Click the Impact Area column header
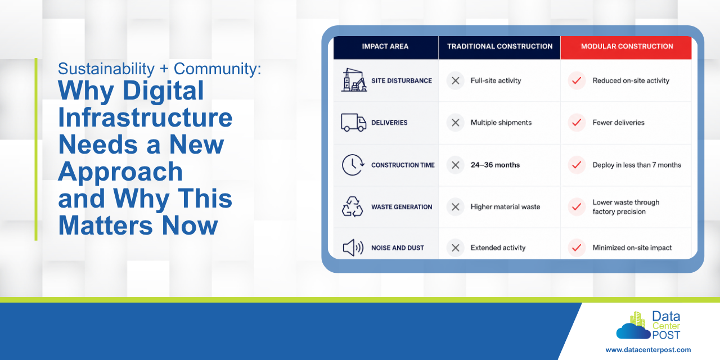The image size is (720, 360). point(385,47)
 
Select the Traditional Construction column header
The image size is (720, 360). point(500,47)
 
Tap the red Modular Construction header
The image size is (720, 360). point(627,47)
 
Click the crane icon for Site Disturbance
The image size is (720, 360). point(354,80)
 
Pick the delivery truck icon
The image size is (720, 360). point(354,123)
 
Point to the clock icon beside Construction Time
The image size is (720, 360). point(353,165)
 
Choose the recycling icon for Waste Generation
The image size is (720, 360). point(352,206)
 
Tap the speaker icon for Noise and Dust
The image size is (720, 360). point(353,248)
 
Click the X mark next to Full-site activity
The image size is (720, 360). point(456,80)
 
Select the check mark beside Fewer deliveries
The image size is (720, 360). point(577,123)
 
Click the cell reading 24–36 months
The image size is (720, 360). point(495,165)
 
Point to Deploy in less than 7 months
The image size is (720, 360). point(637,165)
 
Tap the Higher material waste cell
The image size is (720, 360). point(505,207)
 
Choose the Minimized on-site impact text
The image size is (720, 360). point(632,248)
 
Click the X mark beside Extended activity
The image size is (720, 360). point(456,248)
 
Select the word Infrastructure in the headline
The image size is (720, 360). point(145,118)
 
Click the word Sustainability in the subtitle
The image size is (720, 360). point(106,69)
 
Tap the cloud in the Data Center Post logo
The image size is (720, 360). point(633,331)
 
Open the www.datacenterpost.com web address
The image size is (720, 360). point(648,350)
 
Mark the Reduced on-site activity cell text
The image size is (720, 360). point(631,80)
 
